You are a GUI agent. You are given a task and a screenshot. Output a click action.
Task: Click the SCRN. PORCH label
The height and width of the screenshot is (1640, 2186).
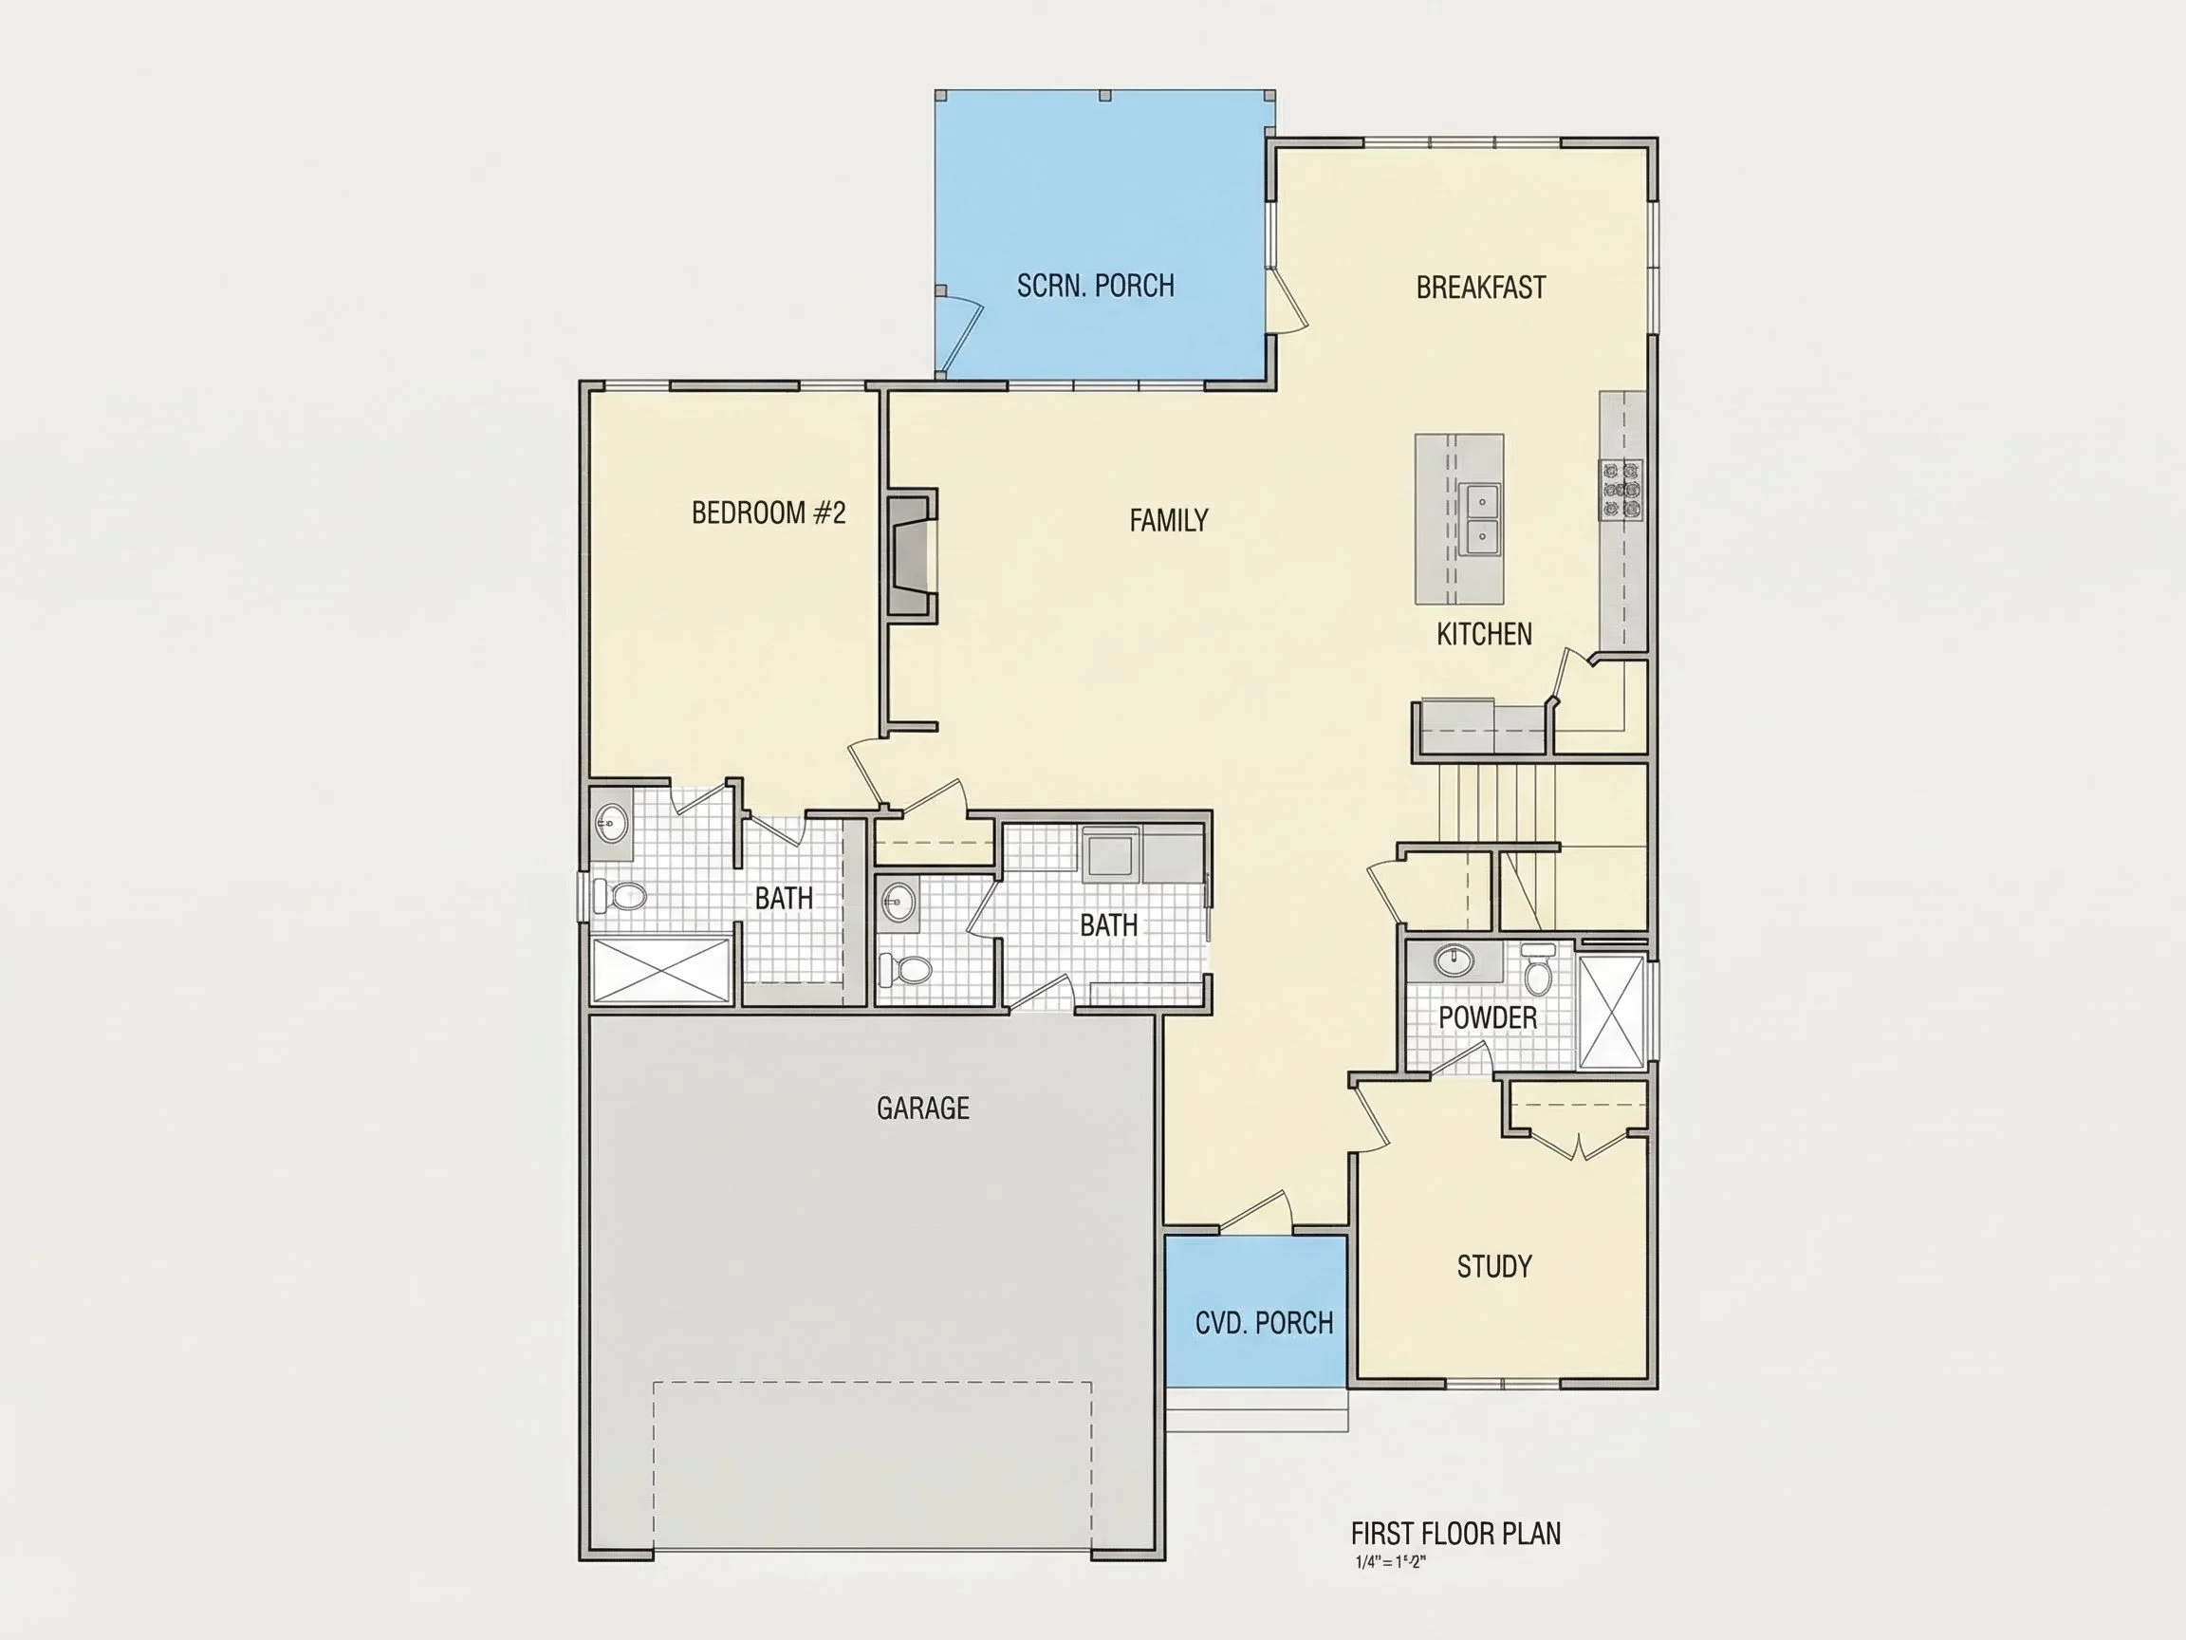(1095, 286)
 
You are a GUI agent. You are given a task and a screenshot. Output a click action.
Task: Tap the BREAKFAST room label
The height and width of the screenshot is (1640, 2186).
(1480, 288)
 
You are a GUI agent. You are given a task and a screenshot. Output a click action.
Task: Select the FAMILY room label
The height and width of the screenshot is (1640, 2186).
(1168, 520)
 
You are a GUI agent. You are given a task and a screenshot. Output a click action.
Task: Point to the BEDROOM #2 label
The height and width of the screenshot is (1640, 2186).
(768, 513)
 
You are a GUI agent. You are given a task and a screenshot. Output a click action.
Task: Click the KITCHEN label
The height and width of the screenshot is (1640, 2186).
(1484, 634)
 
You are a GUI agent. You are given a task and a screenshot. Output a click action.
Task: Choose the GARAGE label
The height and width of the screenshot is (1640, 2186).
(923, 1108)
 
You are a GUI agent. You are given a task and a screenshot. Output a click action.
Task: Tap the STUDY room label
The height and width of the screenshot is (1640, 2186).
(1494, 1265)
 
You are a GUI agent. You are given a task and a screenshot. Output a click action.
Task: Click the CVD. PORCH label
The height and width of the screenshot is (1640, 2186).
(1264, 1323)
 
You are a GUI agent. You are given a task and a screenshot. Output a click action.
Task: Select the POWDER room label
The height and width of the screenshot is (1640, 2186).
(1488, 1016)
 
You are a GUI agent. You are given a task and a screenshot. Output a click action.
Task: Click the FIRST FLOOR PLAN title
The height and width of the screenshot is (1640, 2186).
(1455, 1534)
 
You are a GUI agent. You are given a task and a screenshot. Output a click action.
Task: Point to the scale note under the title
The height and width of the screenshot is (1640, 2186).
(1392, 1563)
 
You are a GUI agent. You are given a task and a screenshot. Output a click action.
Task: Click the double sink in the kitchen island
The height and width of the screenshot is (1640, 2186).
(1480, 519)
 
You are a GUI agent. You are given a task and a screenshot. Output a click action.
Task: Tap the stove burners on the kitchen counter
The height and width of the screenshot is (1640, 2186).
(1621, 490)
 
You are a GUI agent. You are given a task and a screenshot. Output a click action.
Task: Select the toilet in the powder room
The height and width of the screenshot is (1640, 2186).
(1538, 970)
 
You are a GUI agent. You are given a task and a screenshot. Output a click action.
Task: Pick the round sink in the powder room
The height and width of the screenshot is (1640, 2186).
(1454, 959)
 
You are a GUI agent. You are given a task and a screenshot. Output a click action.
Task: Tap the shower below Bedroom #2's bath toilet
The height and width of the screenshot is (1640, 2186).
(661, 970)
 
